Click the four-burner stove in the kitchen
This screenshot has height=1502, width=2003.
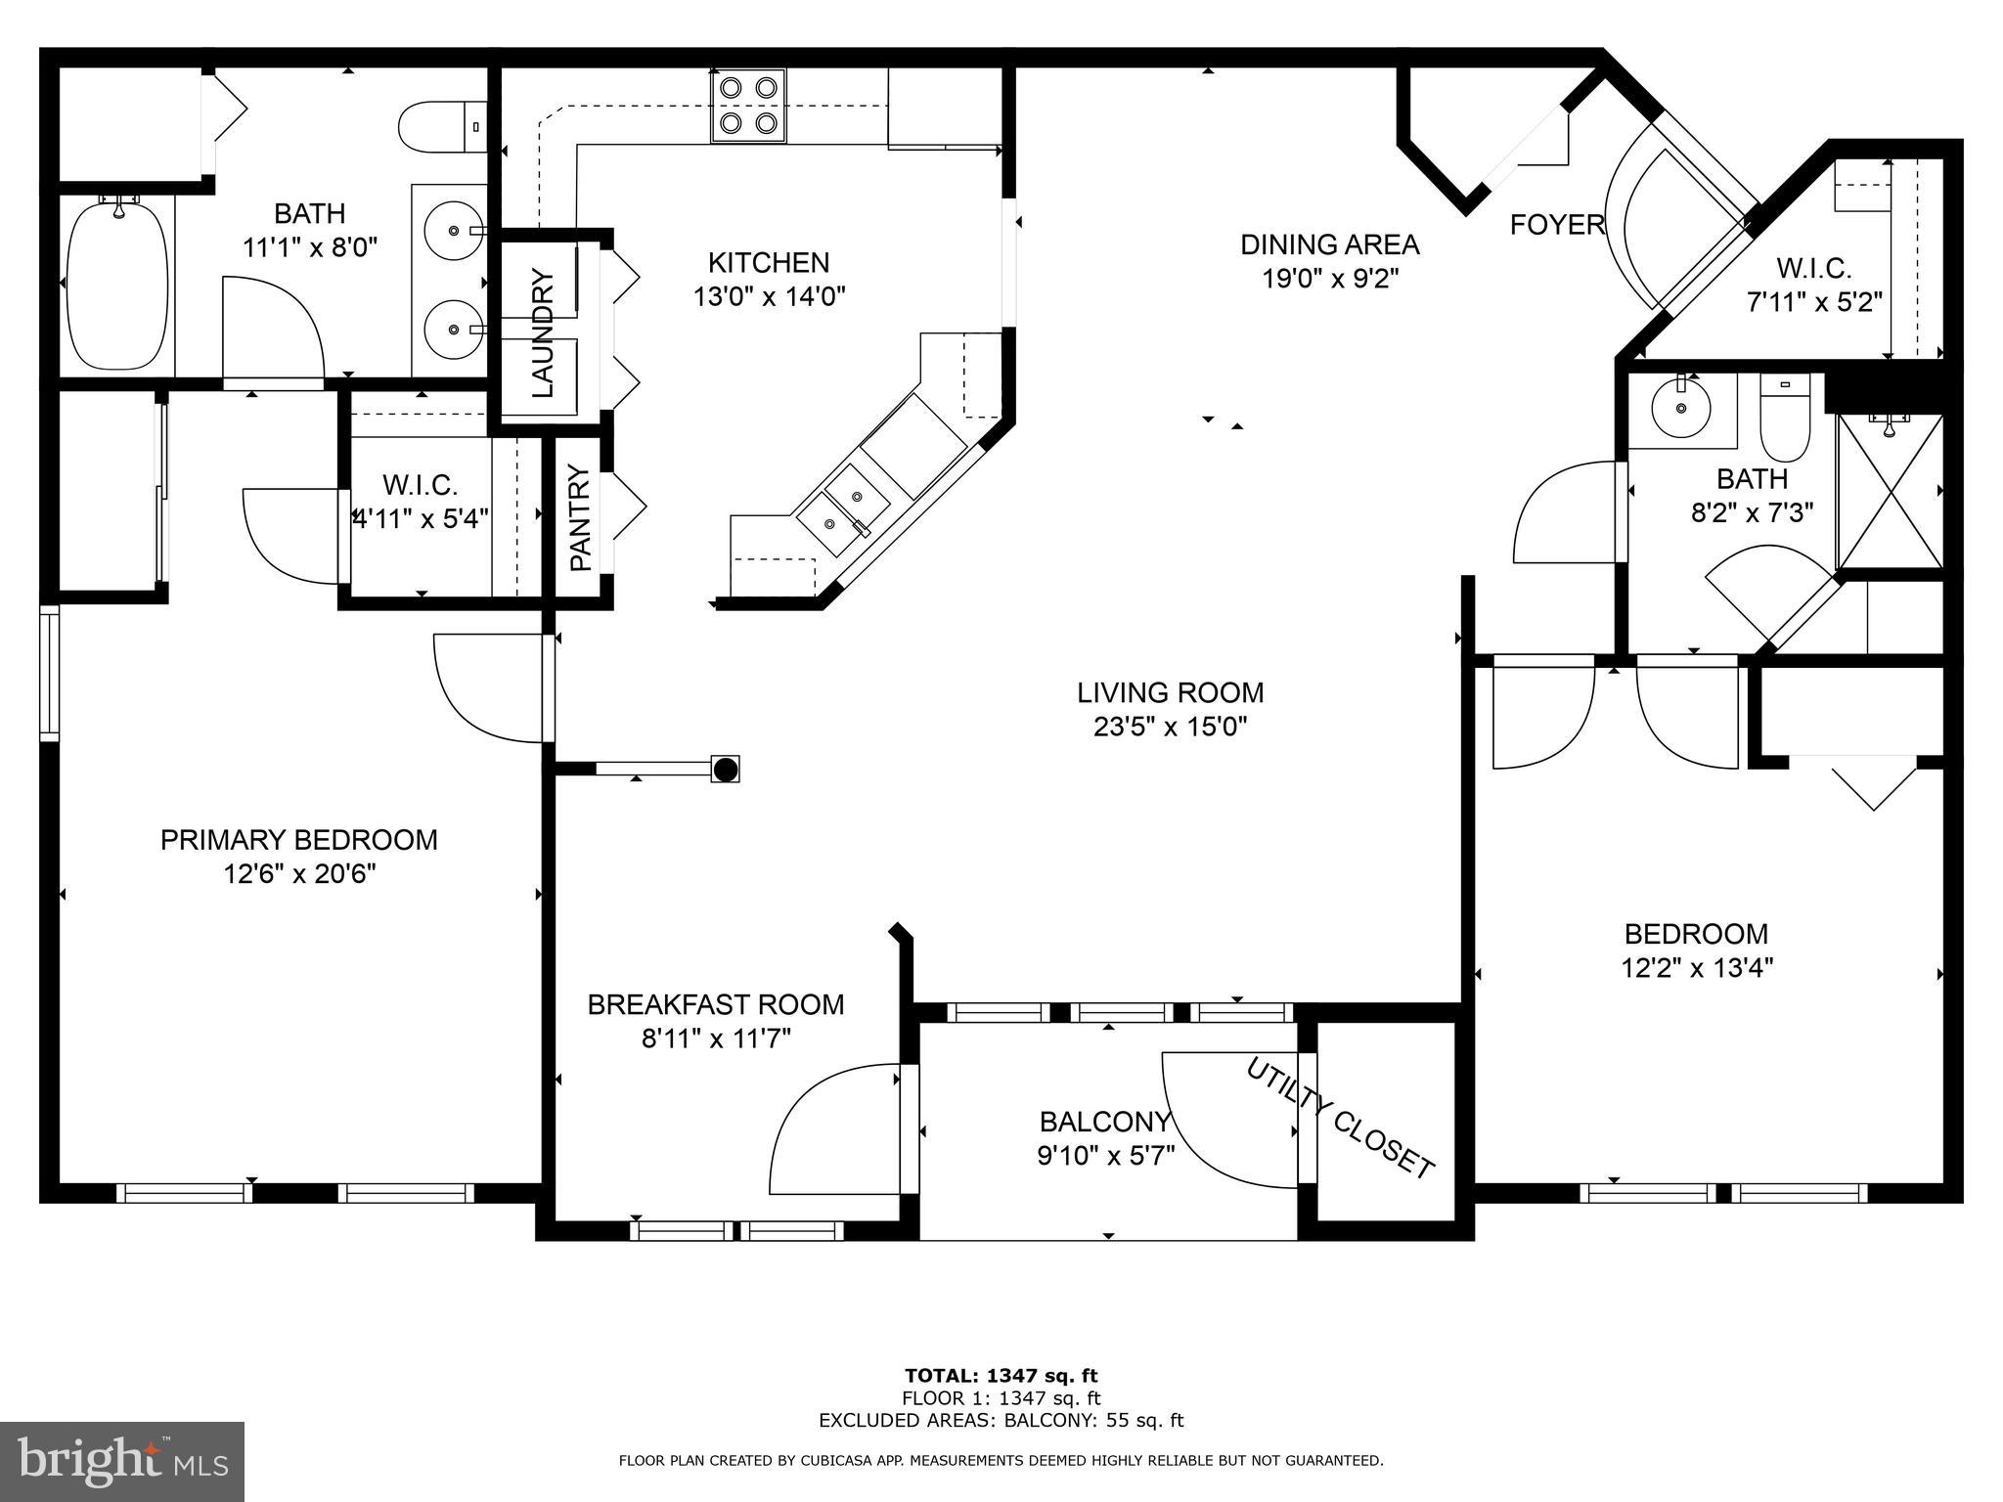coord(748,106)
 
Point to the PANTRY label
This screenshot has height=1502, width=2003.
coord(580,518)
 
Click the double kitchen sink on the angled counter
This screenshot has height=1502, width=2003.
coord(843,508)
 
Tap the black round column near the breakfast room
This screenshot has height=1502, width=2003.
coord(725,770)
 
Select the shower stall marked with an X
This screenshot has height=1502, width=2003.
coord(1890,492)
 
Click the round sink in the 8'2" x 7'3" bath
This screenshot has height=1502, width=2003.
coord(1681,409)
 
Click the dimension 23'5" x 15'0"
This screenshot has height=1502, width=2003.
coord(1170,727)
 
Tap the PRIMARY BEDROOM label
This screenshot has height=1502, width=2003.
coord(298,840)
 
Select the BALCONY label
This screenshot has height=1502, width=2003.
coord(1105,1121)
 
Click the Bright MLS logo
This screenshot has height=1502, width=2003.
coord(122,1461)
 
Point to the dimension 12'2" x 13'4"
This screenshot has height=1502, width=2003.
coord(1696,968)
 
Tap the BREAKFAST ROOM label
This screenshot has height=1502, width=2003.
coord(715,1004)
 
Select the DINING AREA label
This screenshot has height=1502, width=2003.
coord(1329,243)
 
